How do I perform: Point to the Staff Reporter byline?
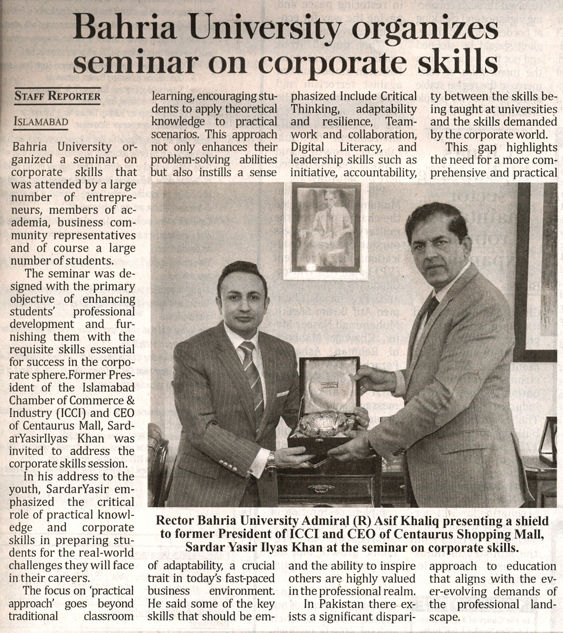[58, 96]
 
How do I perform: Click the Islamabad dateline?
[41, 121]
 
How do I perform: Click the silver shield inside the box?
[326, 422]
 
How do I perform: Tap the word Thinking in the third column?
[315, 109]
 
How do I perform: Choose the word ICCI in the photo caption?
[299, 534]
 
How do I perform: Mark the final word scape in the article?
[444, 617]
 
